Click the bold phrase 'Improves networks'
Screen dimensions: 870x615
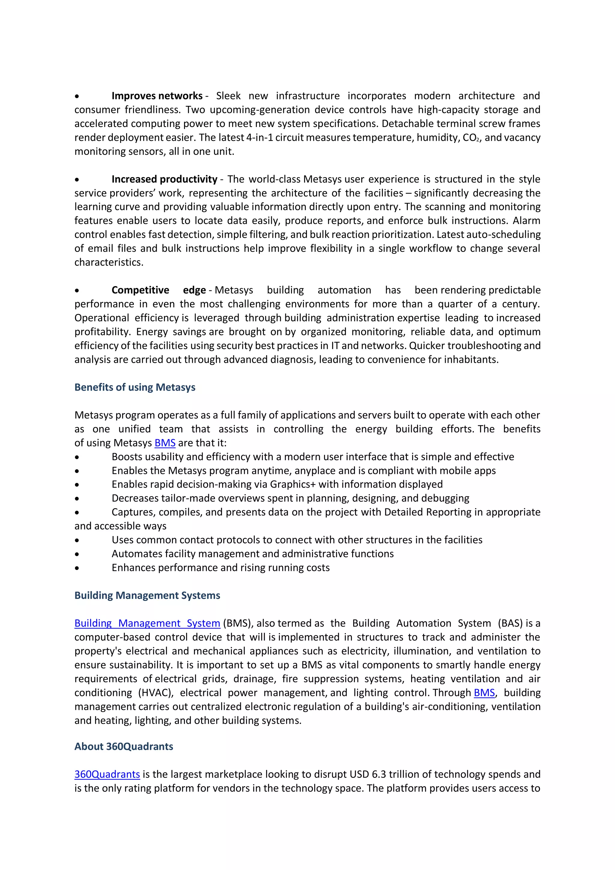(x=157, y=96)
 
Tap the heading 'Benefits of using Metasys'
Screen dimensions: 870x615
(x=135, y=387)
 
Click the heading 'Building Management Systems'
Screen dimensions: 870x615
(x=147, y=595)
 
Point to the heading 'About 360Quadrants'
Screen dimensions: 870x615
(x=123, y=747)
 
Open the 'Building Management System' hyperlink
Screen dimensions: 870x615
(x=147, y=623)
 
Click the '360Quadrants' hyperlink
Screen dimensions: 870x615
(x=107, y=774)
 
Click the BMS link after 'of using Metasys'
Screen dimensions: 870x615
(x=165, y=443)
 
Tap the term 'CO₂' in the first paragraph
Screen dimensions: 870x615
(x=471, y=138)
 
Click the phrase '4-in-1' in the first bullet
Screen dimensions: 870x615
(x=259, y=138)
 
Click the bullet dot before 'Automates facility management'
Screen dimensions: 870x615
(x=77, y=554)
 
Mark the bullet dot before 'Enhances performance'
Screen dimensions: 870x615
(x=77, y=568)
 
